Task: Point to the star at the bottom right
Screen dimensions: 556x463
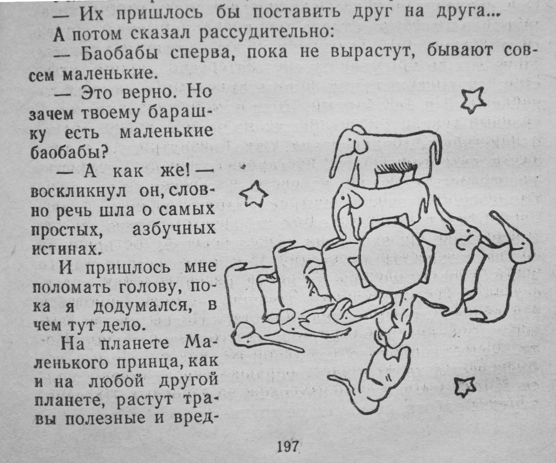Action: pyautogui.click(x=465, y=386)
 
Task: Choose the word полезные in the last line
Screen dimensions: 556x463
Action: pyautogui.click(x=105, y=418)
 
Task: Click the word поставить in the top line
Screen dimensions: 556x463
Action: pyautogui.click(x=297, y=13)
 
